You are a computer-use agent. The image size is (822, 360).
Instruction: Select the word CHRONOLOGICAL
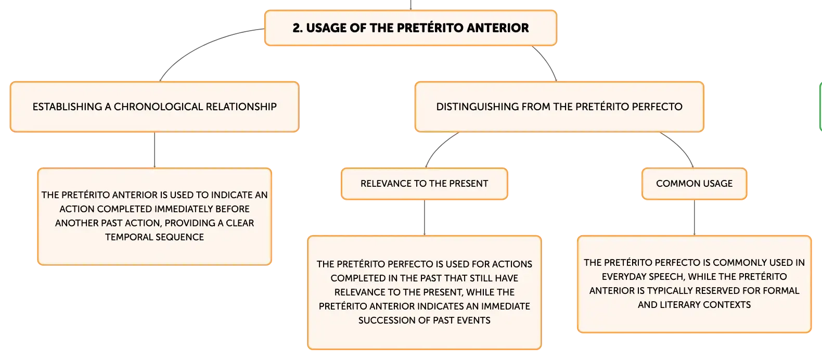[x=158, y=107]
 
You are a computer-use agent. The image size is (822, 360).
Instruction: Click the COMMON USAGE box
[x=695, y=184]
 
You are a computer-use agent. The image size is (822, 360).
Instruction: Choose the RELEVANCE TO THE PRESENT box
[x=424, y=184]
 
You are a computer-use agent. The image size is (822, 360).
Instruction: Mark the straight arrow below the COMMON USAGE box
[x=695, y=217]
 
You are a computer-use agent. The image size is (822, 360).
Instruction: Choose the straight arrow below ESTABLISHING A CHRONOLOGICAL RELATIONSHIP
[x=155, y=150]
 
